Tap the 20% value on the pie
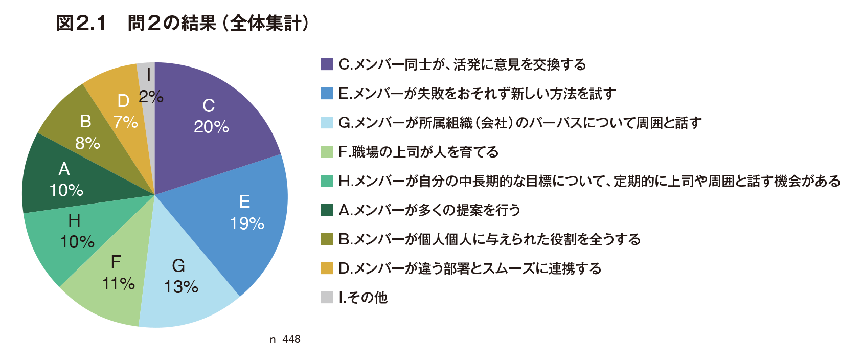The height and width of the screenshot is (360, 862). [x=211, y=127]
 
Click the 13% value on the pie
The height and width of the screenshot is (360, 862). [x=181, y=287]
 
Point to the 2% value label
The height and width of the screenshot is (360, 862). [x=151, y=96]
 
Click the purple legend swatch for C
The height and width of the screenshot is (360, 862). [x=327, y=64]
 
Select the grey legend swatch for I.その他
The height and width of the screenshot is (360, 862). [x=327, y=298]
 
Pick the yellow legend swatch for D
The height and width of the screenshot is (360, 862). [x=327, y=268]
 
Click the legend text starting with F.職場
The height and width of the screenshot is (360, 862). [x=418, y=152]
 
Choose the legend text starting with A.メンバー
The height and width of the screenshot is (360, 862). [x=429, y=210]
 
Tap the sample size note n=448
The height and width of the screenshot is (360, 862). [x=285, y=340]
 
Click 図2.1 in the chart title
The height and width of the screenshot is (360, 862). [x=81, y=23]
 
